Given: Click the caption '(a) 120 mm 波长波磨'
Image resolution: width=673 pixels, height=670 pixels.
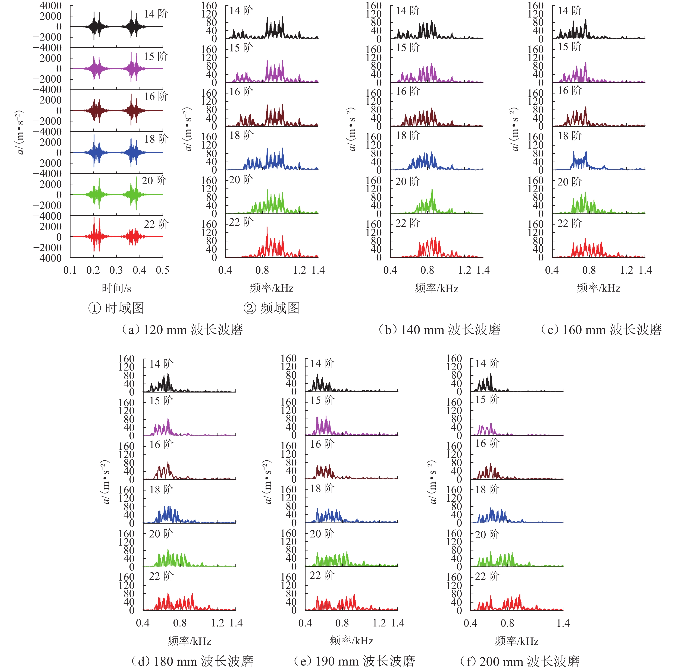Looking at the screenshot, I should [x=182, y=330].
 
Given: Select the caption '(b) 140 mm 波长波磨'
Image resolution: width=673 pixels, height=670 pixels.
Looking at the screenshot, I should [x=439, y=330].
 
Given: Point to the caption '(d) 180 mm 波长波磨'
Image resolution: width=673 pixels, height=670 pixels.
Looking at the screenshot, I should [x=192, y=661].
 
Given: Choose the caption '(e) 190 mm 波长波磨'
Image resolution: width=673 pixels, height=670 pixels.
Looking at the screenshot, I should [x=354, y=661].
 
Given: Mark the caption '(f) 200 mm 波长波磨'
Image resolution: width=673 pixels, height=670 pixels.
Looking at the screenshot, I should [x=519, y=661].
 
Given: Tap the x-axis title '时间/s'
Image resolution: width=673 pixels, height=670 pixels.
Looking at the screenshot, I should [x=116, y=288].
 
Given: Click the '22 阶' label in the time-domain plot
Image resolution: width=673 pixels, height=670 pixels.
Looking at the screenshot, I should [x=156, y=224].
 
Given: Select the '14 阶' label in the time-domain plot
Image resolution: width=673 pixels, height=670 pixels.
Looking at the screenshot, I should [x=156, y=14].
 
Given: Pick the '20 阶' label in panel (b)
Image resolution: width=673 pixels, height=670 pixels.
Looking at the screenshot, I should [x=408, y=181].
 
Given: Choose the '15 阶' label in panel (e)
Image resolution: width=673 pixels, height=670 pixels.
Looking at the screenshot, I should [x=322, y=400].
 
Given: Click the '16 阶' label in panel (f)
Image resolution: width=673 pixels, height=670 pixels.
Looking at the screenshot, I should [x=487, y=443].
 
